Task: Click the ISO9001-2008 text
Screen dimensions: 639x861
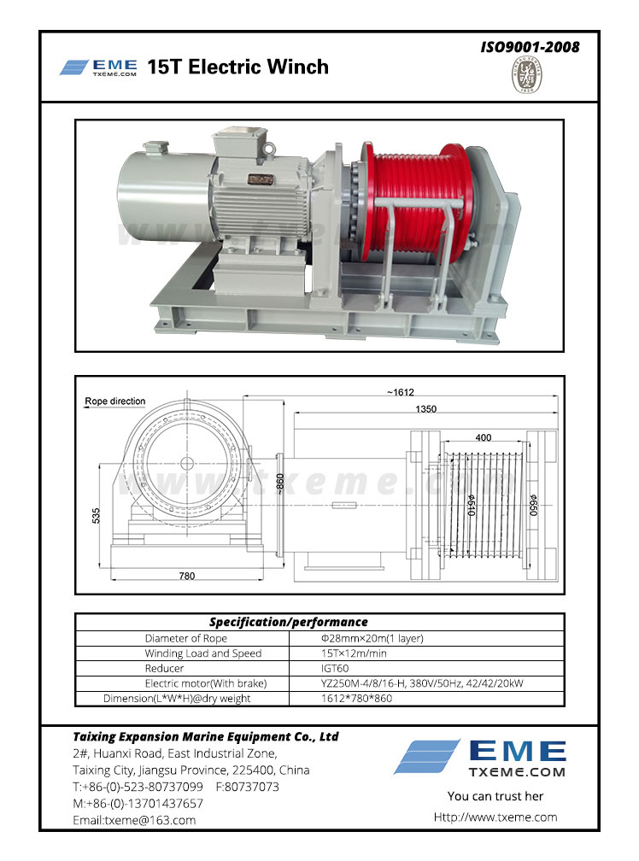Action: (530, 47)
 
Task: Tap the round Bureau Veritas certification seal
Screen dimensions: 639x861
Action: (526, 74)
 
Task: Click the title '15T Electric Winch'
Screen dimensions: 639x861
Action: (237, 67)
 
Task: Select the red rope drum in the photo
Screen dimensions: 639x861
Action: (417, 197)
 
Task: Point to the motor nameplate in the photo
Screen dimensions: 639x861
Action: (261, 179)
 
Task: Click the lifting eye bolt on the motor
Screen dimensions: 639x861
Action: (269, 149)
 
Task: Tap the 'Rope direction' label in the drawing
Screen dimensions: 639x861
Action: (114, 401)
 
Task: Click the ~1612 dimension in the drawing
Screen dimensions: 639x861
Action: (400, 392)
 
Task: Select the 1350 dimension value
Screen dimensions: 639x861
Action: (426, 409)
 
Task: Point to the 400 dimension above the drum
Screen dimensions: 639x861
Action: (483, 437)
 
